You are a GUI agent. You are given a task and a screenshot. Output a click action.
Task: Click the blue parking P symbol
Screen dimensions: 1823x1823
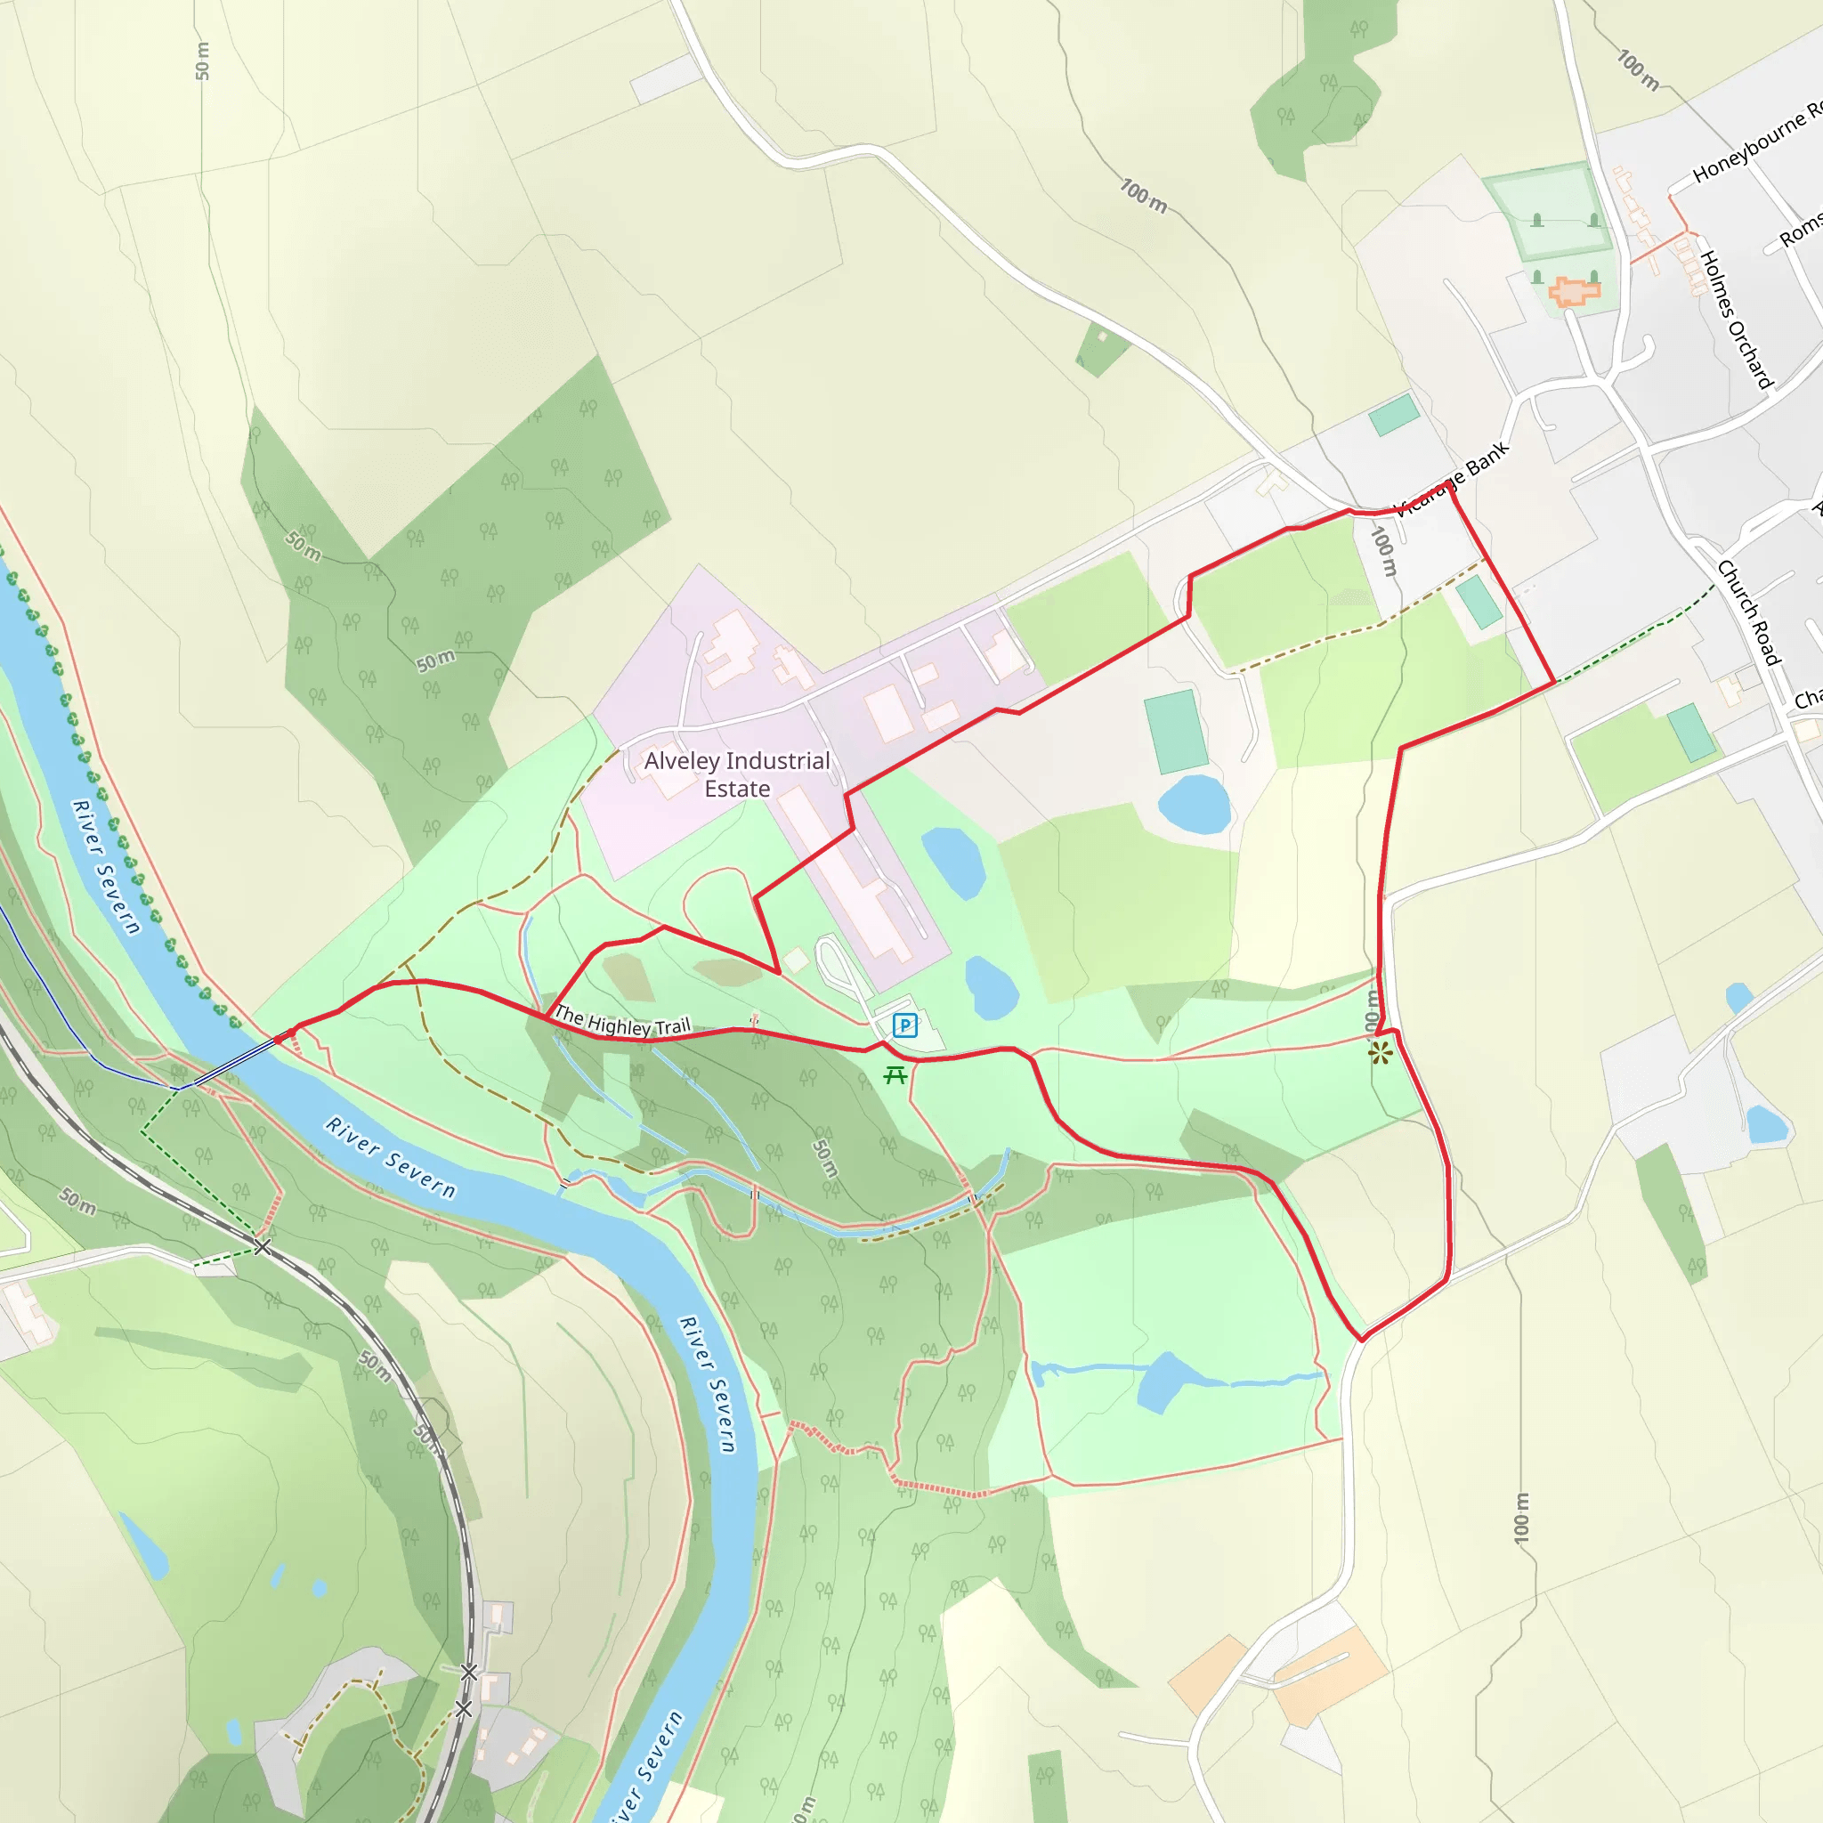(904, 1025)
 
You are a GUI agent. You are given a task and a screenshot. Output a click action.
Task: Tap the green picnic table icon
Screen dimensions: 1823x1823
(895, 1074)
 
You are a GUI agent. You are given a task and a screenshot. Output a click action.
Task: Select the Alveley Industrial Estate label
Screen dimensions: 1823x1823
(737, 774)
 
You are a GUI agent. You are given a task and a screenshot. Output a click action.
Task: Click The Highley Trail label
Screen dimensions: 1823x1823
(622, 1021)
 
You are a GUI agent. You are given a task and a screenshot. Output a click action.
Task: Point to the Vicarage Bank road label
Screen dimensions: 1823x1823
(1452, 480)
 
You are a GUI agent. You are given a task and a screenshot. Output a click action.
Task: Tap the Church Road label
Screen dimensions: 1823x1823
(1748, 612)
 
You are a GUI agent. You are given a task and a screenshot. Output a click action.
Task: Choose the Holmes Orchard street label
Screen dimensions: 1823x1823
(1736, 319)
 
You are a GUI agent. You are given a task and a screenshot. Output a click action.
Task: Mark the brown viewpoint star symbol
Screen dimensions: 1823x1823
(1381, 1053)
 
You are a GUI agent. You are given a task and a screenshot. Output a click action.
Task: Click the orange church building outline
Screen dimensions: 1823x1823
(1574, 292)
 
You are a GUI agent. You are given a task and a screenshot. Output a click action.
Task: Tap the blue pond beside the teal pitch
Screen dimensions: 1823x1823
(1195, 805)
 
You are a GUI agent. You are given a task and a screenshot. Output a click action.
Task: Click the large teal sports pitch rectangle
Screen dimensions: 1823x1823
(1176, 732)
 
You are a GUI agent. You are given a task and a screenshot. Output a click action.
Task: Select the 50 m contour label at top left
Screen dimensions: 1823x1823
(203, 61)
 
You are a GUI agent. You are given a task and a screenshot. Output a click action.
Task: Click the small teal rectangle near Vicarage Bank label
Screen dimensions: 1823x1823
(1394, 415)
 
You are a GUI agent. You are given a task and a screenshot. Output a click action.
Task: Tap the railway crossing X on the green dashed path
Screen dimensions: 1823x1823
(263, 1247)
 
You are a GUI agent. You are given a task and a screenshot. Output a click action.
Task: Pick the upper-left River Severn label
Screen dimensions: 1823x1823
(107, 866)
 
